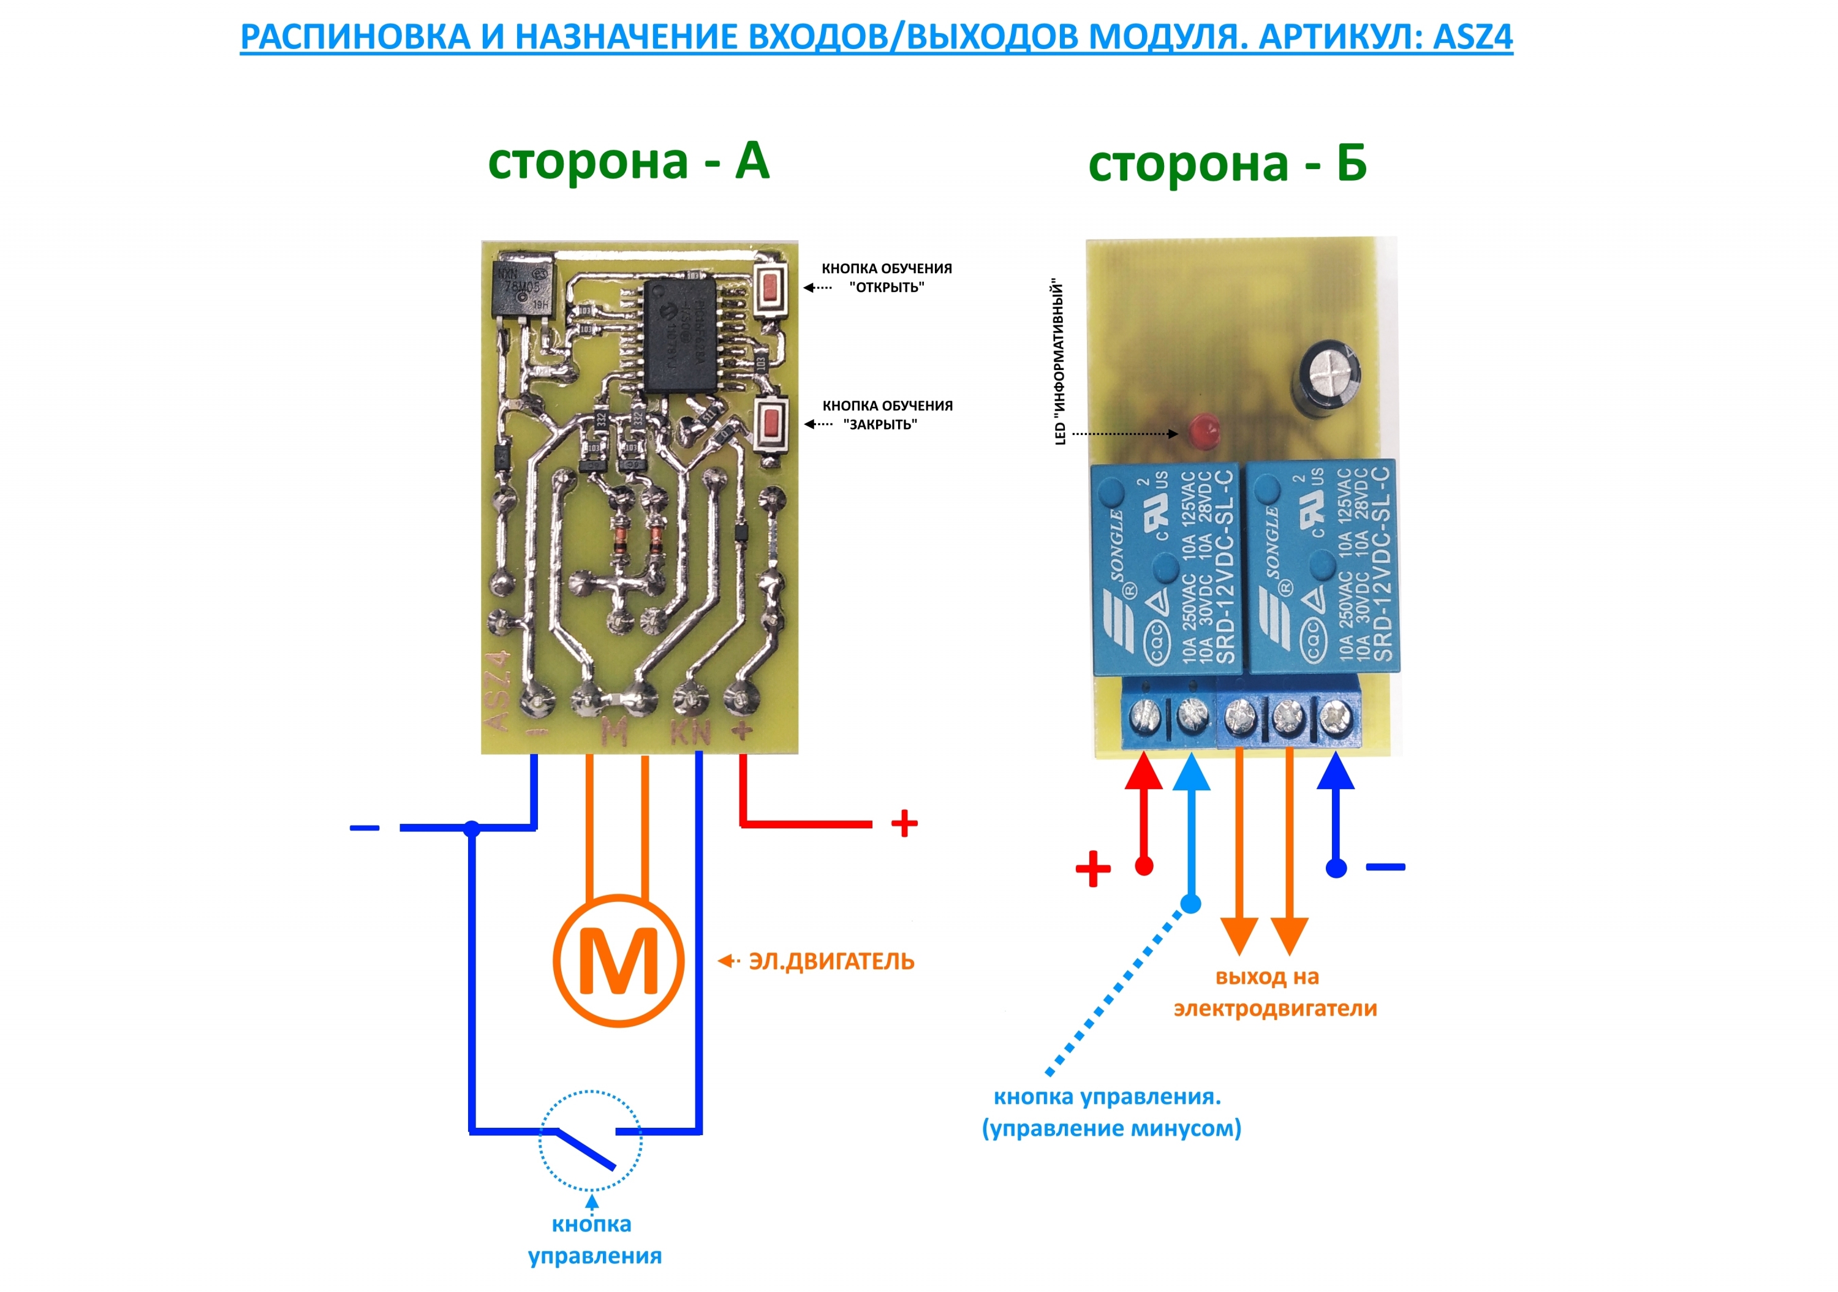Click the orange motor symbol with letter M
click(x=618, y=961)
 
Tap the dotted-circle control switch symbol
click(x=590, y=1141)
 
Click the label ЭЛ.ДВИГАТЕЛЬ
click(x=831, y=961)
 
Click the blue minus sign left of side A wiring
click(x=365, y=828)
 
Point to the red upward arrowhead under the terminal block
click(x=1144, y=773)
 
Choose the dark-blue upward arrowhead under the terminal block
click(x=1335, y=773)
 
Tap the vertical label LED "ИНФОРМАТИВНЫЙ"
click(x=1060, y=362)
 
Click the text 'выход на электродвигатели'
click(x=1274, y=992)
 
